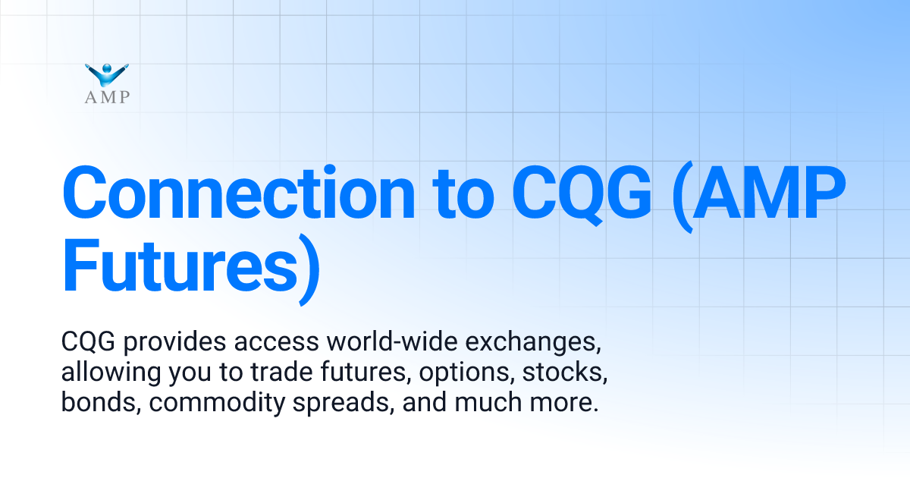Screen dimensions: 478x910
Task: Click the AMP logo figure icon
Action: coord(108,74)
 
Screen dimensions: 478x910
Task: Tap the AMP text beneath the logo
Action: coord(108,96)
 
